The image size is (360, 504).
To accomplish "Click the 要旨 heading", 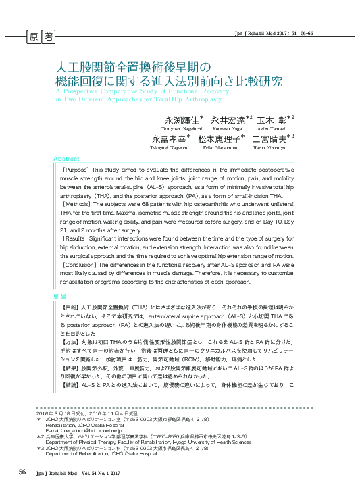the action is click(60, 297).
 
